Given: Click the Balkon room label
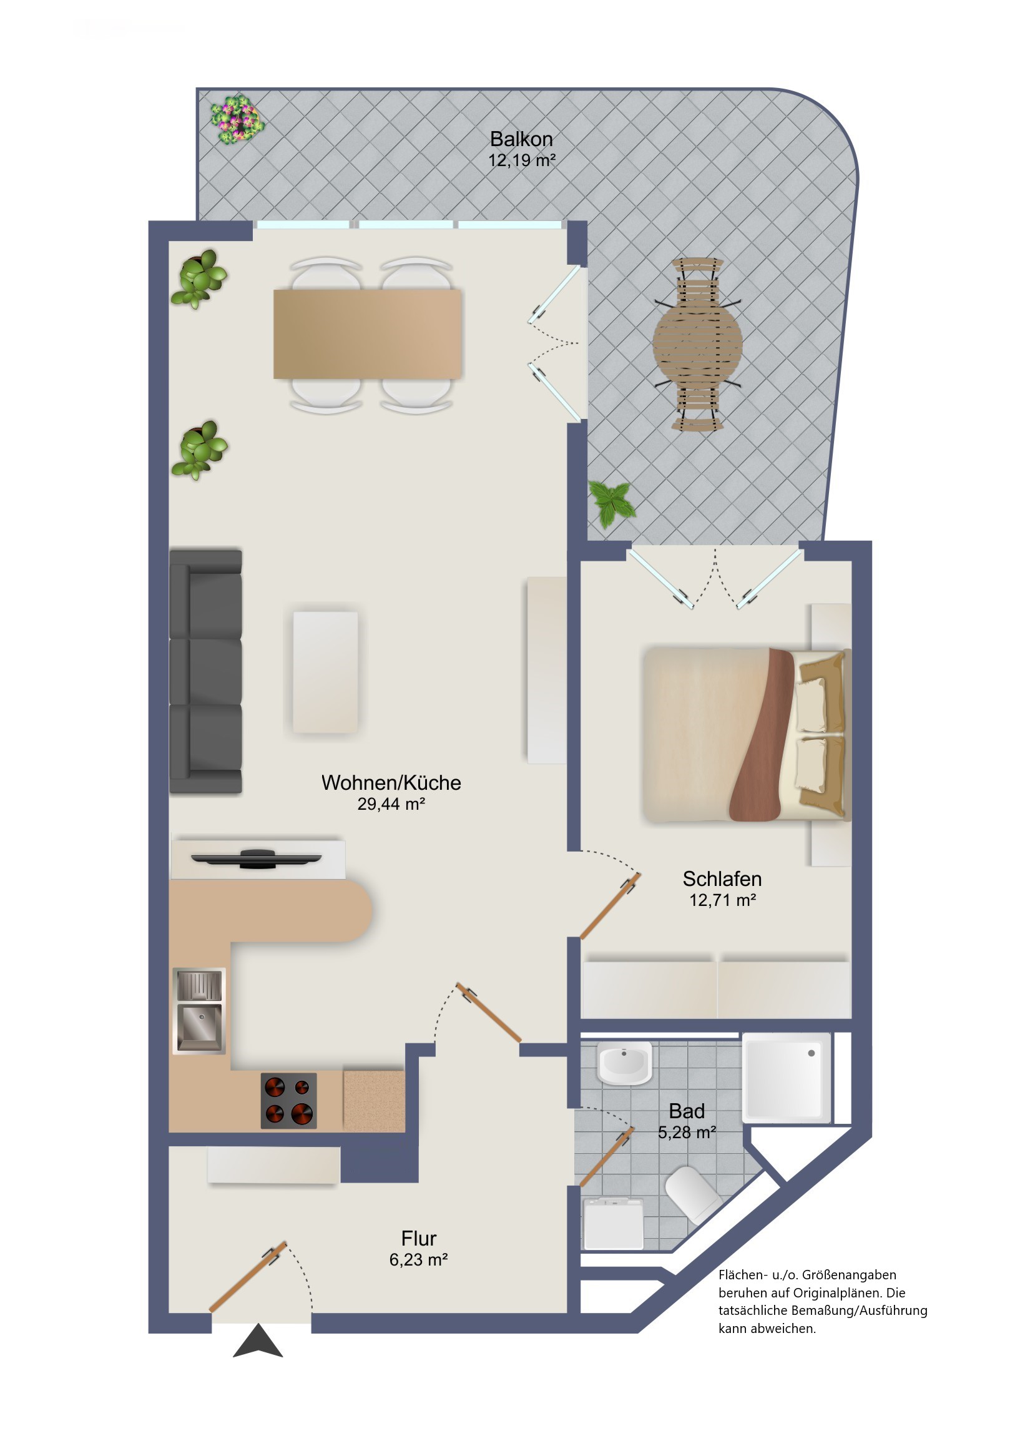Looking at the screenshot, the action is [x=521, y=139].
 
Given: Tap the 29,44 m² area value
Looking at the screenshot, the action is [x=391, y=804].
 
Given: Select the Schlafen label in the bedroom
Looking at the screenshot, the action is [x=722, y=878].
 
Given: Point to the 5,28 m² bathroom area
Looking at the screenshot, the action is [x=687, y=1132].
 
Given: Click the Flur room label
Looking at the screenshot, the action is [x=418, y=1238].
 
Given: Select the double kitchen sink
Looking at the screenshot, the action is [x=199, y=1011].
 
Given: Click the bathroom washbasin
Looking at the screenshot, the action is [x=624, y=1063].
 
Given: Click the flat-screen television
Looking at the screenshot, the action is [x=257, y=858].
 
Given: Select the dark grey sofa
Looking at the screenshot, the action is [x=206, y=672].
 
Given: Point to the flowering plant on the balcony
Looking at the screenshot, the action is [x=237, y=119].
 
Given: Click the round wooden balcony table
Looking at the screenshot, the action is [x=697, y=343].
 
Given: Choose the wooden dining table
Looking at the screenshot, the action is [x=367, y=334].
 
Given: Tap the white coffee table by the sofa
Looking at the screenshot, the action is [x=325, y=672].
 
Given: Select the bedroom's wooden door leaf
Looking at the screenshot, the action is [x=610, y=906].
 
